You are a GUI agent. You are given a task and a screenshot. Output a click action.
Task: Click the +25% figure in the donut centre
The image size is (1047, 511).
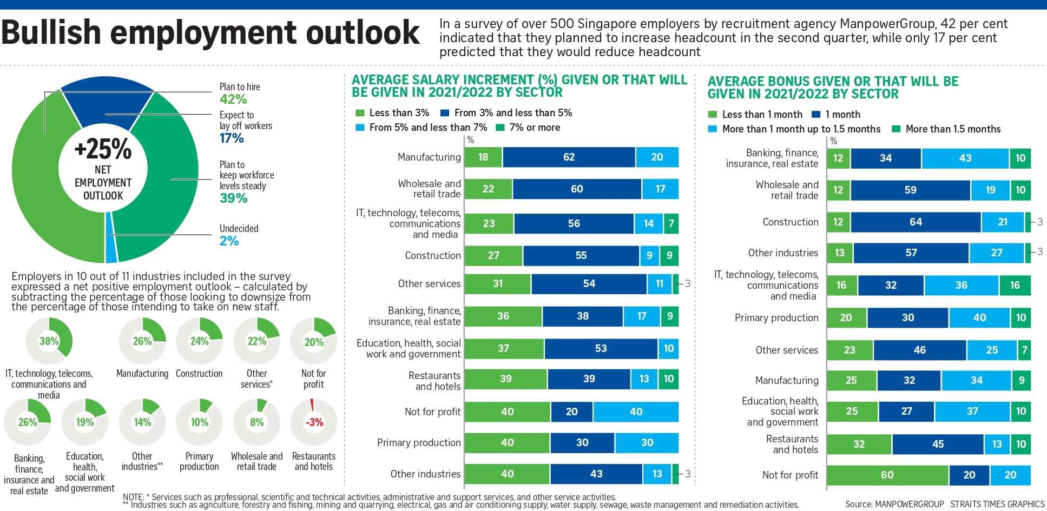click(x=103, y=149)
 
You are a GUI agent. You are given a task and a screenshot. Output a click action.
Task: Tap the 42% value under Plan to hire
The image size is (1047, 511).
click(x=233, y=99)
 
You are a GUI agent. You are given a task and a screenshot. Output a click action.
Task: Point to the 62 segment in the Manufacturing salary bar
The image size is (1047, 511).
click(x=569, y=157)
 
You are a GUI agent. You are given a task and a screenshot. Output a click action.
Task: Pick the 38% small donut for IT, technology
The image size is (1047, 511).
click(x=49, y=341)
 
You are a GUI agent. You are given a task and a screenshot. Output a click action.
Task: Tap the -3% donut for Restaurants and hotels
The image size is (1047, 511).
click(x=314, y=422)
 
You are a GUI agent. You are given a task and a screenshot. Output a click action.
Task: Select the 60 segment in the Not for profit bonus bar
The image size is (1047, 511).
click(x=887, y=475)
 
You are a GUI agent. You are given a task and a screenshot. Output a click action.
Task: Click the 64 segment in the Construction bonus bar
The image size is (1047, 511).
click(x=916, y=222)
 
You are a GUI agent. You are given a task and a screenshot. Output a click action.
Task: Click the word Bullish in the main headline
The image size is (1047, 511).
click(x=51, y=32)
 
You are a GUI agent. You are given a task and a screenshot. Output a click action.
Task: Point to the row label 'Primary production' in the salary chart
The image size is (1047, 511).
click(x=419, y=443)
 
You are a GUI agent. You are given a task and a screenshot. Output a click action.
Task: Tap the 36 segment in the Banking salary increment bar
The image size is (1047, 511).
click(x=503, y=316)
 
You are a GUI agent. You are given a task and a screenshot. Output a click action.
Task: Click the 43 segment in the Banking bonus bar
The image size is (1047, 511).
click(x=965, y=158)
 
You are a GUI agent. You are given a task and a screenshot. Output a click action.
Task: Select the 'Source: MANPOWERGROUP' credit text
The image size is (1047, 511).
click(x=894, y=504)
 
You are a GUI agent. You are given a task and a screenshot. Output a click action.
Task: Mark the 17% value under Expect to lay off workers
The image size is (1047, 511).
click(x=232, y=138)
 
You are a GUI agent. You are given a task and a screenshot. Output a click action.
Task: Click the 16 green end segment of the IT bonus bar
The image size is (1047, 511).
click(x=1015, y=286)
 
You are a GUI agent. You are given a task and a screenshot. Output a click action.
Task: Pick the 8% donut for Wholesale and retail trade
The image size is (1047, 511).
click(x=256, y=422)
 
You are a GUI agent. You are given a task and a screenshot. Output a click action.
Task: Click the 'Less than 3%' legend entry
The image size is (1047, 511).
click(x=398, y=113)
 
